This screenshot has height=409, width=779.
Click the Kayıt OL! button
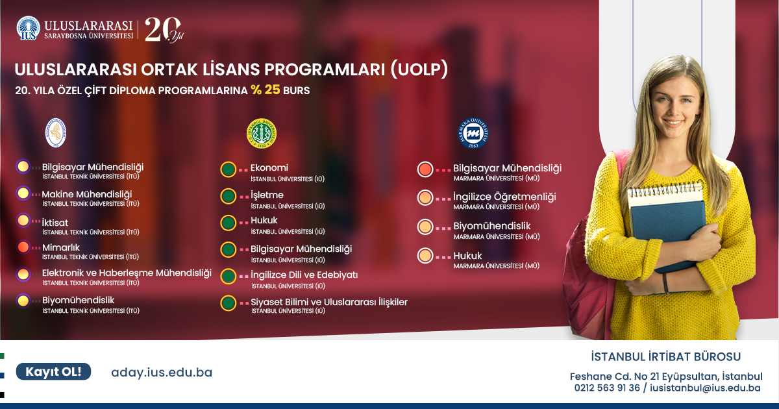click(x=53, y=371)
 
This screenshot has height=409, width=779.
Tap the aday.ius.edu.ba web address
click(x=162, y=373)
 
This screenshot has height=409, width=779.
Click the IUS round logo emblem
click(x=28, y=28)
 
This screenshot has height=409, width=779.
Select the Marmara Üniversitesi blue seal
click(x=473, y=133)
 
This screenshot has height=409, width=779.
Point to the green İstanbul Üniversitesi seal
click(x=262, y=133)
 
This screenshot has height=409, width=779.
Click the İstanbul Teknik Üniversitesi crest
click(x=56, y=132)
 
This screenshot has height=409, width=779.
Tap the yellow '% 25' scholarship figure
click(x=266, y=90)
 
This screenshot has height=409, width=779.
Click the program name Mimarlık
click(x=61, y=247)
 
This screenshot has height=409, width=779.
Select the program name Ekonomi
click(x=269, y=167)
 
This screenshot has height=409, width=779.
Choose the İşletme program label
click(x=267, y=195)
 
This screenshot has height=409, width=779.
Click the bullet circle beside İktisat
click(x=23, y=221)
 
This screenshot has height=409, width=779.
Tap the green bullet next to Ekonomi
click(x=228, y=169)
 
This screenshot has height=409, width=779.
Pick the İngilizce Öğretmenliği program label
click(x=504, y=197)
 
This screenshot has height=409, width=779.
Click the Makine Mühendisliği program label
click(x=87, y=194)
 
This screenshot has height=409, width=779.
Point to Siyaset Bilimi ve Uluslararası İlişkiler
click(x=329, y=302)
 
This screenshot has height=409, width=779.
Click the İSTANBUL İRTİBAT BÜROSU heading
click(x=665, y=356)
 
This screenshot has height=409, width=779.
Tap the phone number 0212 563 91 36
click(x=607, y=388)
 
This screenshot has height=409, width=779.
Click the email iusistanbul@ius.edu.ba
click(x=705, y=388)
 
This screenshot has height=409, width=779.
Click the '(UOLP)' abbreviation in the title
click(x=419, y=69)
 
